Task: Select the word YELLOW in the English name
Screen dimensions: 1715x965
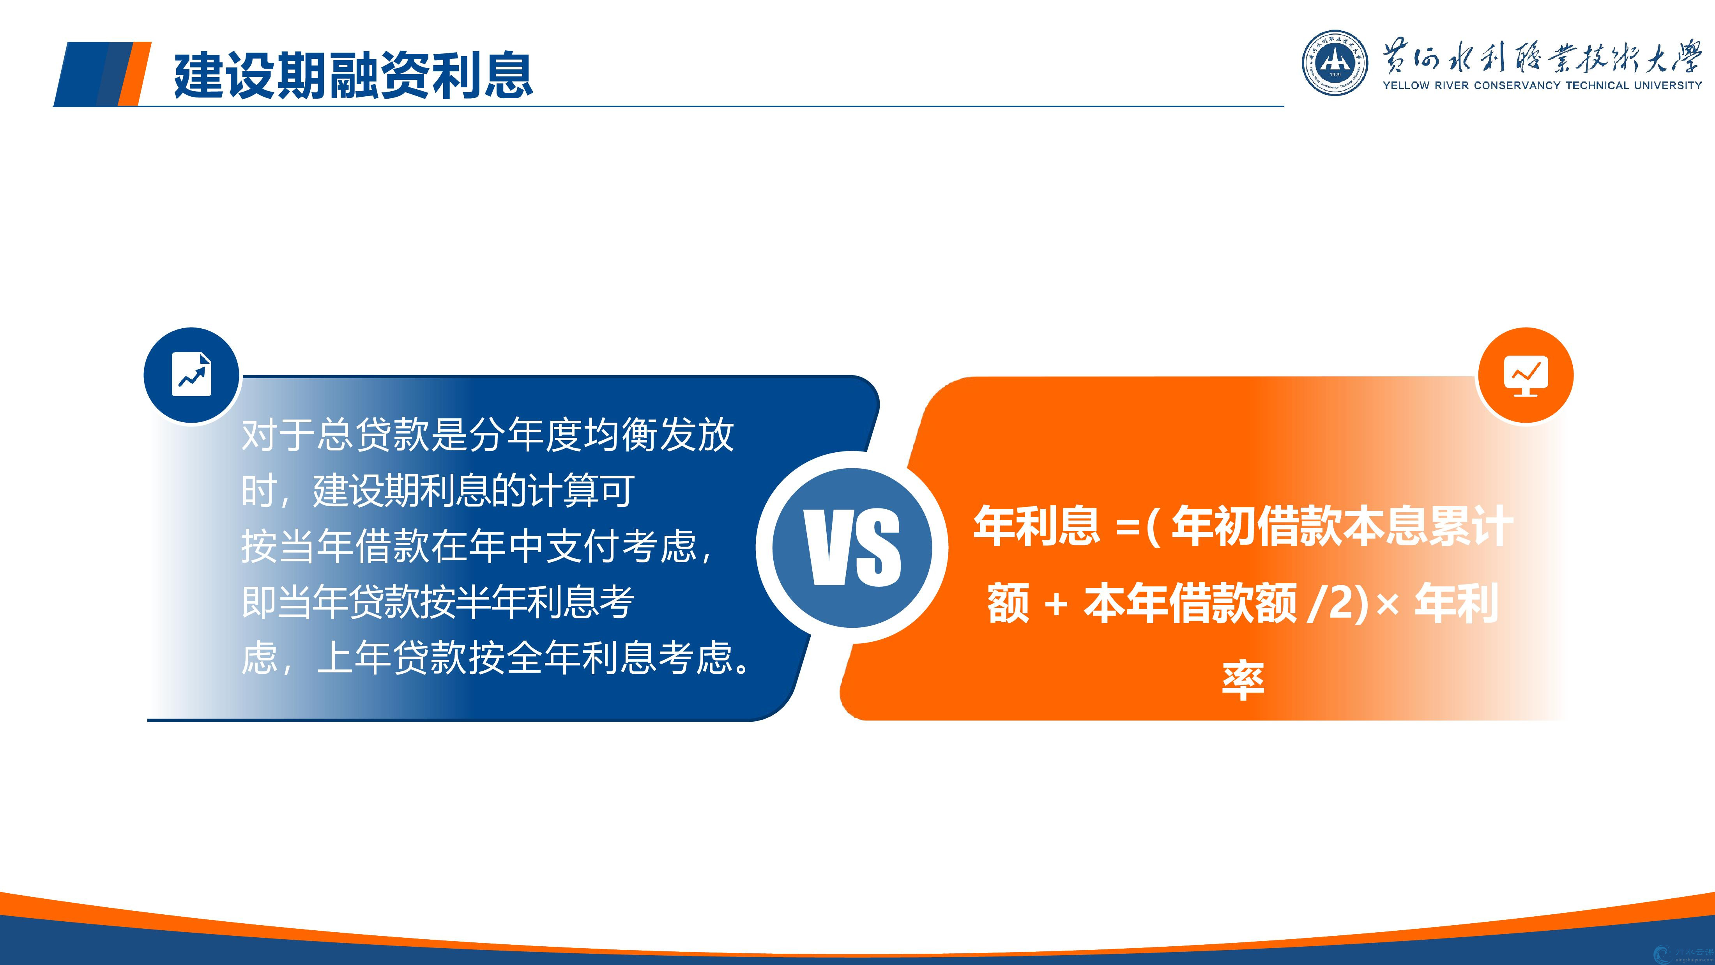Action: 1406,85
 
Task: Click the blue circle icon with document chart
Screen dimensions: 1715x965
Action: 192,375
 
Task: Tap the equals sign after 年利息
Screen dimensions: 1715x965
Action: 1127,529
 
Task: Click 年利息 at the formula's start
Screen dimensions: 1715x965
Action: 1036,526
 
